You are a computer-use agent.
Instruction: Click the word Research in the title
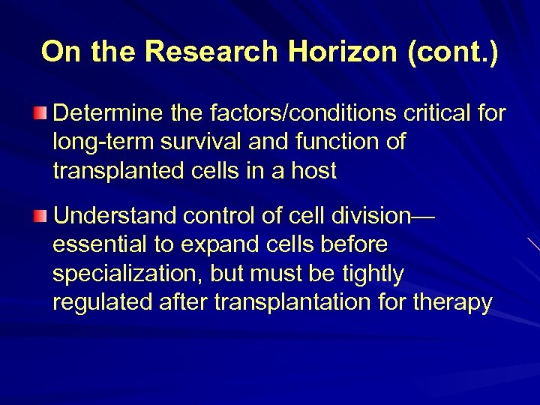[x=212, y=52]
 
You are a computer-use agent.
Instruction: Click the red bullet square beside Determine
[x=40, y=114]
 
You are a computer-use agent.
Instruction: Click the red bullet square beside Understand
[x=40, y=217]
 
